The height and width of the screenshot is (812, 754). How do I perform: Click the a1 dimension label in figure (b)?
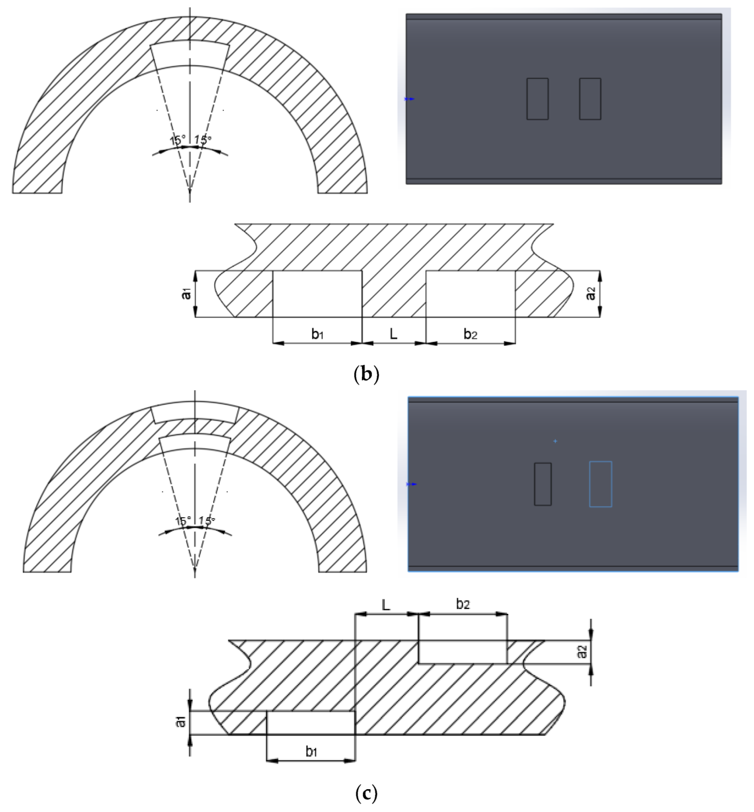[187, 294]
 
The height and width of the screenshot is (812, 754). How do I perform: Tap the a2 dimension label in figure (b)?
[590, 294]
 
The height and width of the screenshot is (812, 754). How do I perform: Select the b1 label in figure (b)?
[317, 334]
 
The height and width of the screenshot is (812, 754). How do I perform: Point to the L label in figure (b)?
[394, 334]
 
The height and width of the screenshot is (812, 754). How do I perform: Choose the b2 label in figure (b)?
[470, 334]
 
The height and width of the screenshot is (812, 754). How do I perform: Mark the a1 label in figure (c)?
[181, 721]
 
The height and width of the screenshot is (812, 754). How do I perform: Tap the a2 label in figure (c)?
[583, 652]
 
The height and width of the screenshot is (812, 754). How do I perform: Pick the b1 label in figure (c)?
[311, 752]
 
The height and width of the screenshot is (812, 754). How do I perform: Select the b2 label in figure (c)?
[463, 604]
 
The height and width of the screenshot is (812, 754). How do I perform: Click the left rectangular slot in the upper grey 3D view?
[537, 99]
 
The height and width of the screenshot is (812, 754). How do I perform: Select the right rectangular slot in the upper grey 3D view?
[590, 99]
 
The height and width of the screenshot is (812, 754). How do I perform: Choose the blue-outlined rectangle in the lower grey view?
[601, 484]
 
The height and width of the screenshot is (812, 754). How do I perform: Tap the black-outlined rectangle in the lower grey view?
[543, 484]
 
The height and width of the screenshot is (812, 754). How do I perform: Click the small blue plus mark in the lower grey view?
[555, 441]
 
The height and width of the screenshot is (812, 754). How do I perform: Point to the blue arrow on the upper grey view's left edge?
[410, 99]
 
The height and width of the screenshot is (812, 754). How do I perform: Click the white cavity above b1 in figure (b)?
[317, 294]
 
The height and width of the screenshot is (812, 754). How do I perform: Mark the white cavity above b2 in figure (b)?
[470, 294]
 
